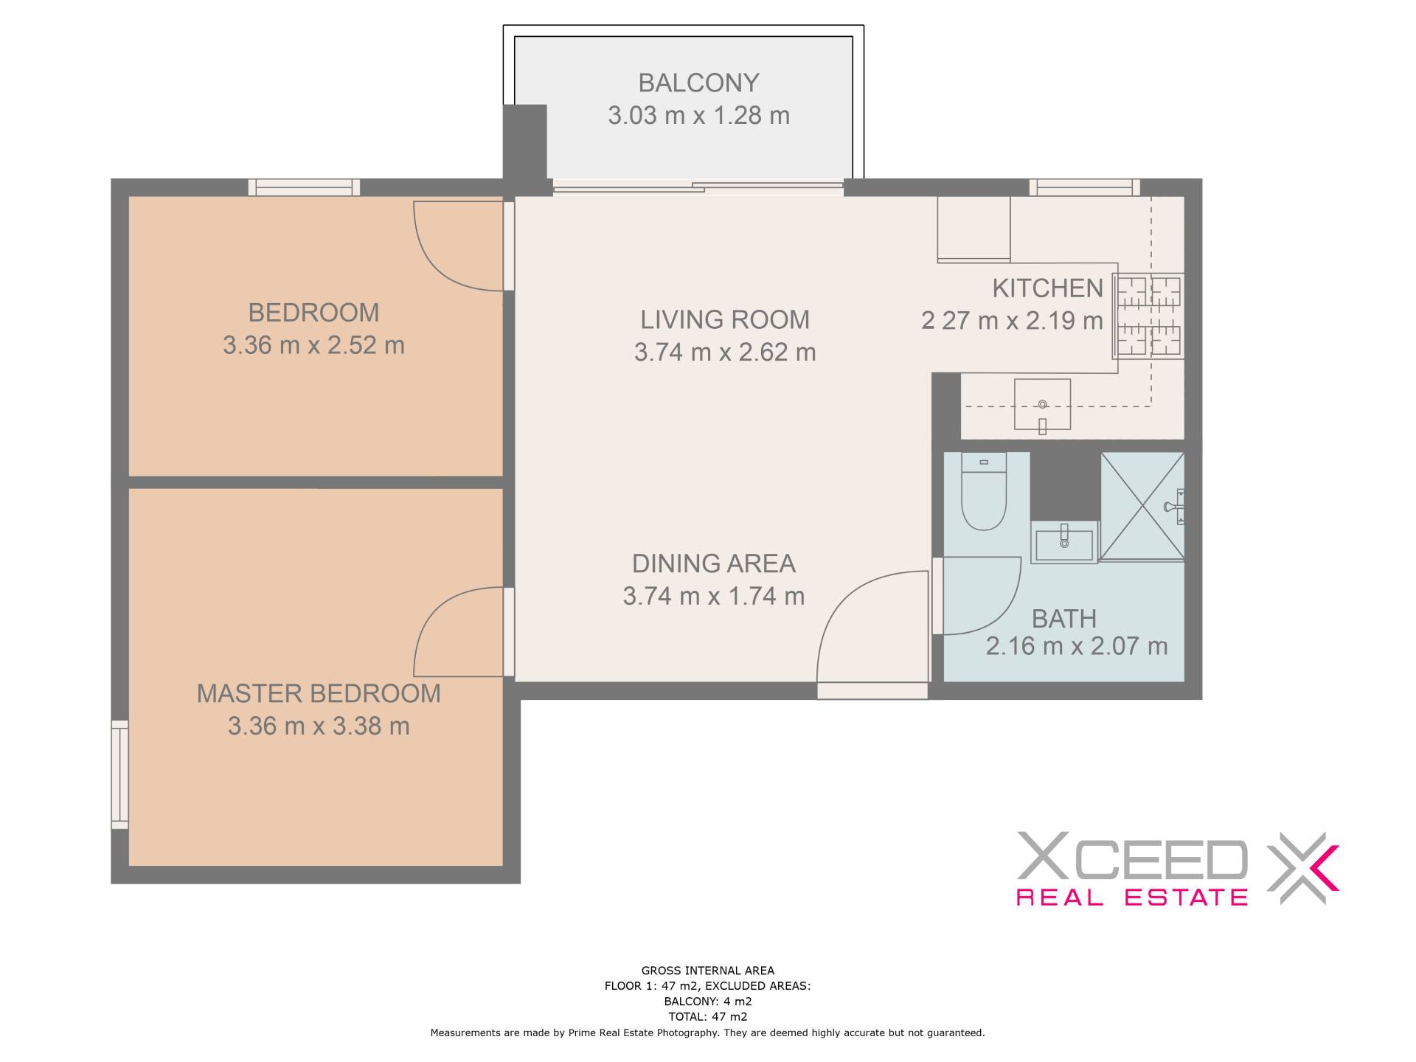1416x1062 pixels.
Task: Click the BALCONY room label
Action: [698, 83]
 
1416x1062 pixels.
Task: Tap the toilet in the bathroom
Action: [984, 491]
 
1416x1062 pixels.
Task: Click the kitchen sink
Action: [1042, 404]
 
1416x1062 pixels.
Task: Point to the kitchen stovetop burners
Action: [1148, 315]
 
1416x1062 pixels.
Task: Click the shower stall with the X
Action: [1142, 506]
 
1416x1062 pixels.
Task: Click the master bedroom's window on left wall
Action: [119, 774]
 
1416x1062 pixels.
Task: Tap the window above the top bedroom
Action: [304, 187]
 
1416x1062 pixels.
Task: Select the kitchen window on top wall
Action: [1084, 187]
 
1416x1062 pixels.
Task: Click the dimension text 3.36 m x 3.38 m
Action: [319, 726]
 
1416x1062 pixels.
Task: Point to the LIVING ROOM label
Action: [725, 319]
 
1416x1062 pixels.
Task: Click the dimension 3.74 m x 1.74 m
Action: [713, 595]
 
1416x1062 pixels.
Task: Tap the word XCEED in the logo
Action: [1132, 855]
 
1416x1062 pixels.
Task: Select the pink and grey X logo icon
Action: [1302, 867]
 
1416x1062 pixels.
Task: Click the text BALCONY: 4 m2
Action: [708, 1002]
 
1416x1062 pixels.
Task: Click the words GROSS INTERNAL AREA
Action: [708, 971]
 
